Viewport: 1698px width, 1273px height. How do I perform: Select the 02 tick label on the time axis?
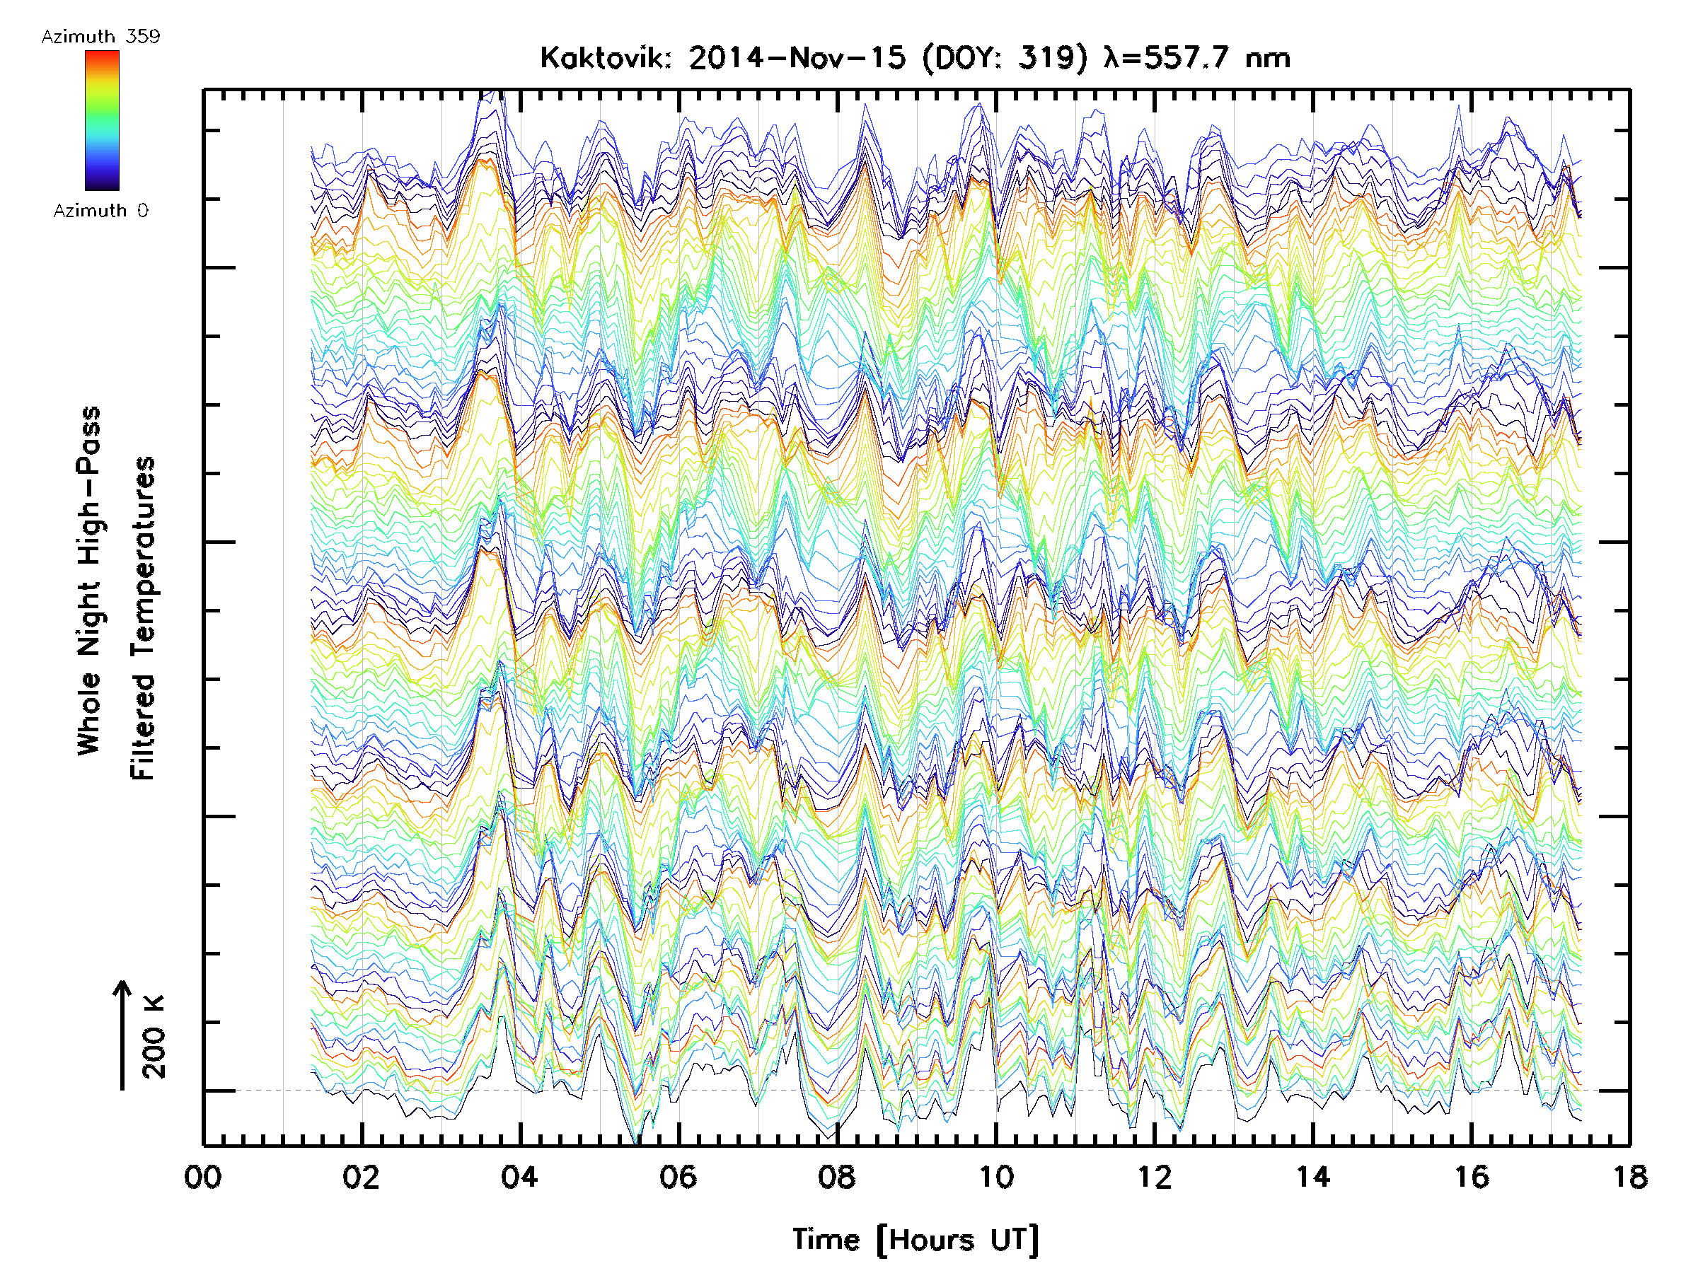[x=361, y=1176]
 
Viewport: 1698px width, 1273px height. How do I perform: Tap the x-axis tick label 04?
[x=520, y=1176]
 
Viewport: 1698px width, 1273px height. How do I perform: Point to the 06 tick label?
[x=678, y=1176]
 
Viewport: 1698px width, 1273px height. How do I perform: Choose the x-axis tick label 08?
[x=837, y=1176]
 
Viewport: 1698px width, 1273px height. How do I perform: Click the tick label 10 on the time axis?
[x=995, y=1176]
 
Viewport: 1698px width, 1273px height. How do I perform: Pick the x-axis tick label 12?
[x=1154, y=1176]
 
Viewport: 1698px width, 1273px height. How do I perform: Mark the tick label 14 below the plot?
[x=1312, y=1176]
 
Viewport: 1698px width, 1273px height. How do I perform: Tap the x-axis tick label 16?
[x=1472, y=1176]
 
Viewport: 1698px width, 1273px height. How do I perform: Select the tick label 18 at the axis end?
[x=1629, y=1176]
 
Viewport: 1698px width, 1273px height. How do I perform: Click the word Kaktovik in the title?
[x=606, y=58]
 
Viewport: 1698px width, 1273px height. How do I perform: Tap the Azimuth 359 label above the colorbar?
[x=100, y=37]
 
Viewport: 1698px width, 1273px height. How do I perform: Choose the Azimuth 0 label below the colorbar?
[x=100, y=210]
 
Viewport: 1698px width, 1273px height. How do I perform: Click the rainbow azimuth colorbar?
[x=102, y=120]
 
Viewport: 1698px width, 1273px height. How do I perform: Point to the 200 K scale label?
[x=154, y=1037]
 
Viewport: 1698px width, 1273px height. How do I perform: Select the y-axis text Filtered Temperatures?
[x=143, y=617]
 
